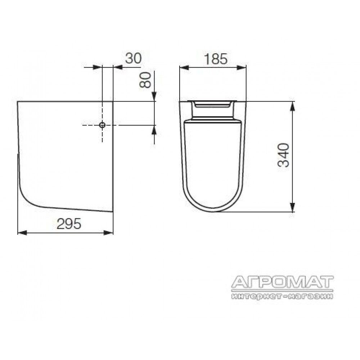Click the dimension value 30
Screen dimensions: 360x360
pos(134,58)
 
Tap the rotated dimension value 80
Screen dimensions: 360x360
pos(145,80)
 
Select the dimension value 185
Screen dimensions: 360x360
pos(216,59)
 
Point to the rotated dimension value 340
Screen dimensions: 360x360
pos(283,155)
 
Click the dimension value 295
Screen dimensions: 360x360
pos(69,224)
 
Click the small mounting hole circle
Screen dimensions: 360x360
pos(102,125)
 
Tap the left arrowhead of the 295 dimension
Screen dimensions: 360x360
pos(22,233)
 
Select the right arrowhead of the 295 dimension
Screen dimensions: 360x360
pos(108,233)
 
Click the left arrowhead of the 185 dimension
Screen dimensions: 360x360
pos(184,68)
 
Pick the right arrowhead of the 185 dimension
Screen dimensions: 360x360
pos(242,68)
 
